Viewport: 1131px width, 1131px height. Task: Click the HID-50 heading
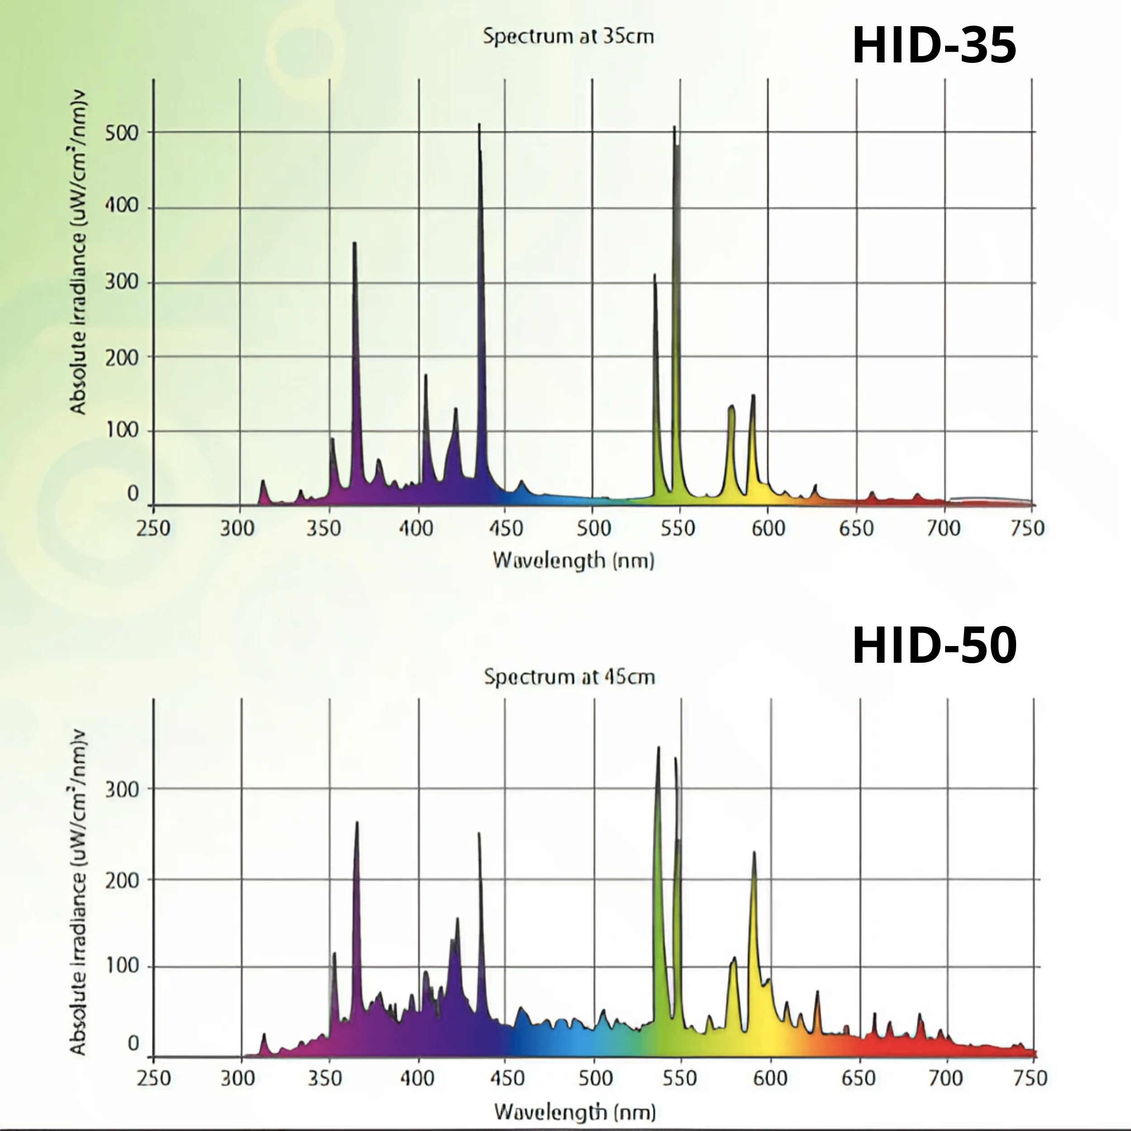click(934, 646)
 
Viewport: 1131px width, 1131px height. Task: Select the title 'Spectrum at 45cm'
click(569, 677)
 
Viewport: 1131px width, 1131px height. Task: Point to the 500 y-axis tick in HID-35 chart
click(122, 133)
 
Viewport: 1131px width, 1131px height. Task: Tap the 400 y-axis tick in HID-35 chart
click(122, 207)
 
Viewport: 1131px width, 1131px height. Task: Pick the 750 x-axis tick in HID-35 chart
click(1028, 528)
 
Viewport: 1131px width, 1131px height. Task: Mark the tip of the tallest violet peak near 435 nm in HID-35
click(480, 125)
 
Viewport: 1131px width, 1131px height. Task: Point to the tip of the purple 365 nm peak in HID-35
click(354, 243)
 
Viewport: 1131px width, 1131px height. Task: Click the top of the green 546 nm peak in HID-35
click(675, 128)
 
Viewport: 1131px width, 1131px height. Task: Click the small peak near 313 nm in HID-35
click(263, 481)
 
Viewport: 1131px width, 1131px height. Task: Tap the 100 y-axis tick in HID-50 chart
click(122, 965)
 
